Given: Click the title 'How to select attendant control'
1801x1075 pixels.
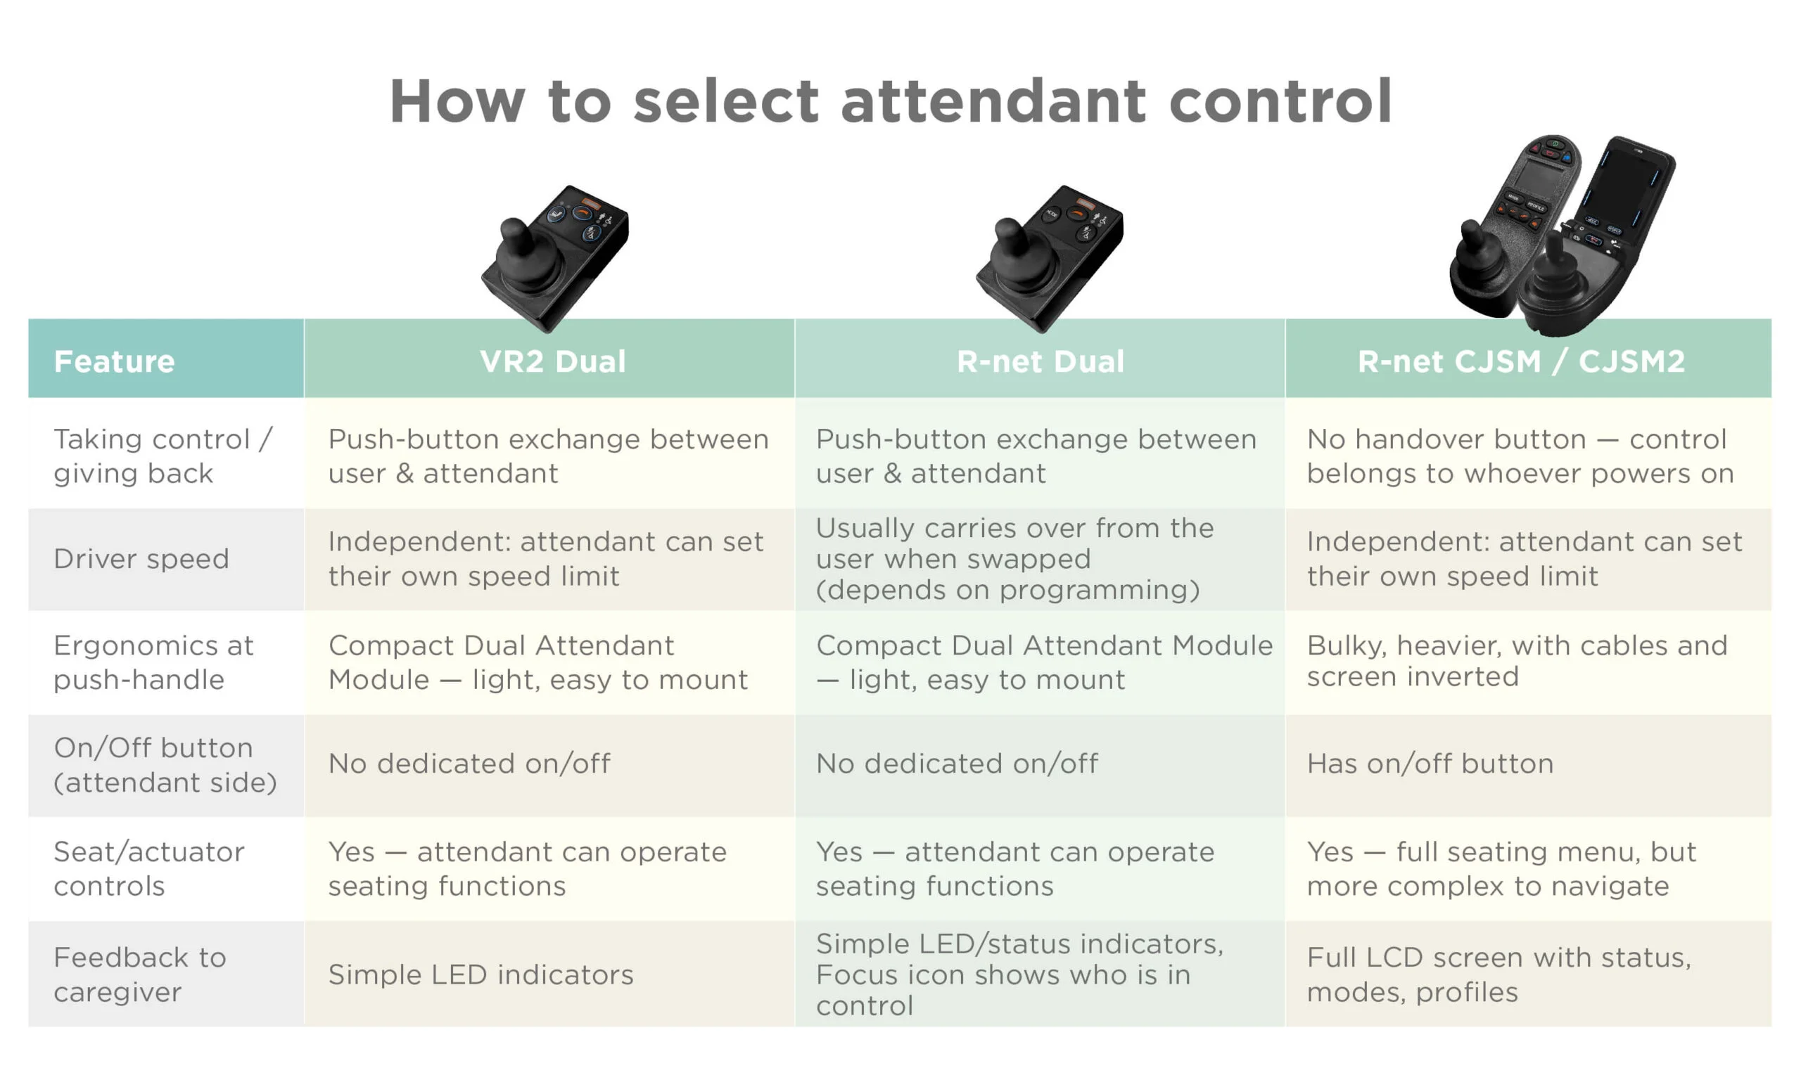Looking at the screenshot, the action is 891,101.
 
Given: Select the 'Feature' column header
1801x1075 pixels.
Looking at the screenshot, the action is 115,361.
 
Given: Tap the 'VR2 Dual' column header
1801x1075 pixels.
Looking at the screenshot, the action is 552,361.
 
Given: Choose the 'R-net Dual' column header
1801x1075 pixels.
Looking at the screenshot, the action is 1040,361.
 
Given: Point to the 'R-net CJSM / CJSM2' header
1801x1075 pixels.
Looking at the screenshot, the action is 1521,361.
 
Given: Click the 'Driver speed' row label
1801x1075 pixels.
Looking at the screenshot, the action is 141,558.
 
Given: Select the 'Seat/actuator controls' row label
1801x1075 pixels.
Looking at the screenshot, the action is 149,868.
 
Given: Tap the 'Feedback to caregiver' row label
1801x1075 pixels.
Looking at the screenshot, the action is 140,974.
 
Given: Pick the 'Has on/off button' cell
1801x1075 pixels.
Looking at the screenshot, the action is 1430,764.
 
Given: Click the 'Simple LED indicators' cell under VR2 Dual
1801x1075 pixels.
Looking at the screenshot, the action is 481,974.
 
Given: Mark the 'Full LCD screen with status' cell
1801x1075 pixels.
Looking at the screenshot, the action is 1498,974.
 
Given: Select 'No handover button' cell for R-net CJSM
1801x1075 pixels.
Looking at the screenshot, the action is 1520,456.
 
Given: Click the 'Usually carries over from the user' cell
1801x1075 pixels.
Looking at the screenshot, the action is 1014,558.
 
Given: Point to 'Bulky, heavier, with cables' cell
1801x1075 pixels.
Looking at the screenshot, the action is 1517,661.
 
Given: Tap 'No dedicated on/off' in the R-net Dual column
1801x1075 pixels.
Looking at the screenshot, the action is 957,764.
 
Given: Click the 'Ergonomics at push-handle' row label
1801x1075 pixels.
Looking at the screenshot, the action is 153,662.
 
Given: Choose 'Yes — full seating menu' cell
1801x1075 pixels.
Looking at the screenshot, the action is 1501,868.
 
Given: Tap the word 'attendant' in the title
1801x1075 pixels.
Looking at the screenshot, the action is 993,101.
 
